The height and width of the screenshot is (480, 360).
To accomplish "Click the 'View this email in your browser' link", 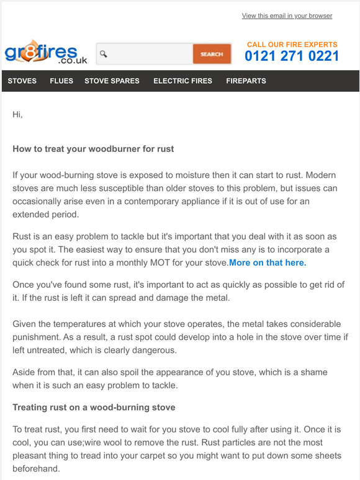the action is coord(287,16).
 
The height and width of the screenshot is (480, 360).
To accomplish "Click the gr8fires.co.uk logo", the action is coord(45,54).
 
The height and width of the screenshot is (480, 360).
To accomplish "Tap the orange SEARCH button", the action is coord(211,54).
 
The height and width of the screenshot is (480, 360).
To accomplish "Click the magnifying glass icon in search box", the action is coord(104,55).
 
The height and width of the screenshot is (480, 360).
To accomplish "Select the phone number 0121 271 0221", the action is coord(292,56).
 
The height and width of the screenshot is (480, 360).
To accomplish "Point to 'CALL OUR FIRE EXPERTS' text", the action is coord(292,45).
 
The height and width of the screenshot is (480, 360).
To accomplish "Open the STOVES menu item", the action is coord(22,81).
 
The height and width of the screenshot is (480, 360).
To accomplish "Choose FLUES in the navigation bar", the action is coord(61,81).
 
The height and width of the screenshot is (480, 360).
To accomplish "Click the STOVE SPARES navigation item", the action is coord(112,81).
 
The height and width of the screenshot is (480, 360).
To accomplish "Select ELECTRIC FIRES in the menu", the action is coord(182,81).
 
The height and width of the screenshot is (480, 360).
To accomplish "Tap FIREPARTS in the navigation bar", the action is coord(246,81).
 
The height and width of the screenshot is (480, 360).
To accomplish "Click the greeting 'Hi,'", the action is coord(17,115).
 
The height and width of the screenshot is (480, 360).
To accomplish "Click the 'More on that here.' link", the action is coord(268,263).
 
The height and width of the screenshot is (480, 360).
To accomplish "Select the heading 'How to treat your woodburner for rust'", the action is coord(93,149).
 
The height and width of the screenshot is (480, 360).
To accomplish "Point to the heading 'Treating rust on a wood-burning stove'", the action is coord(94,407).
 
